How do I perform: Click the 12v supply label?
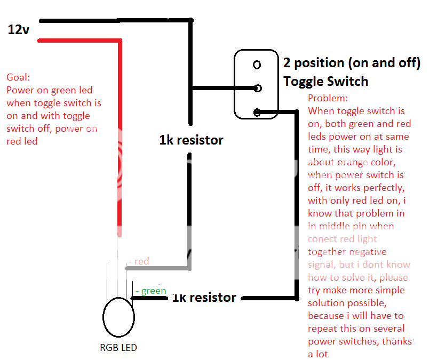pos(19,29)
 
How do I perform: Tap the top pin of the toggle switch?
pos(257,65)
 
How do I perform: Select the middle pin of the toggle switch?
pos(257,88)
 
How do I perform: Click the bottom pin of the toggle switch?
pos(257,112)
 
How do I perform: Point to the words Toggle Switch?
pos(325,81)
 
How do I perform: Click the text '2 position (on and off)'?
pos(352,63)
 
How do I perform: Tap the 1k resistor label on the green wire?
pos(204,297)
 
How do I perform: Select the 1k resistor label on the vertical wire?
pos(191,140)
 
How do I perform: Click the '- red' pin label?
pos(139,261)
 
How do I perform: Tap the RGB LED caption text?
pos(118,348)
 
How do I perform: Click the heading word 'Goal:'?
pos(18,77)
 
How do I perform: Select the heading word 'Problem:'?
pos(328,99)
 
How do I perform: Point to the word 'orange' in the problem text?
pos(352,162)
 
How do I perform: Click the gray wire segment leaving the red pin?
pos(160,266)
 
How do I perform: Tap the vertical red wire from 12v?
pos(119,133)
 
